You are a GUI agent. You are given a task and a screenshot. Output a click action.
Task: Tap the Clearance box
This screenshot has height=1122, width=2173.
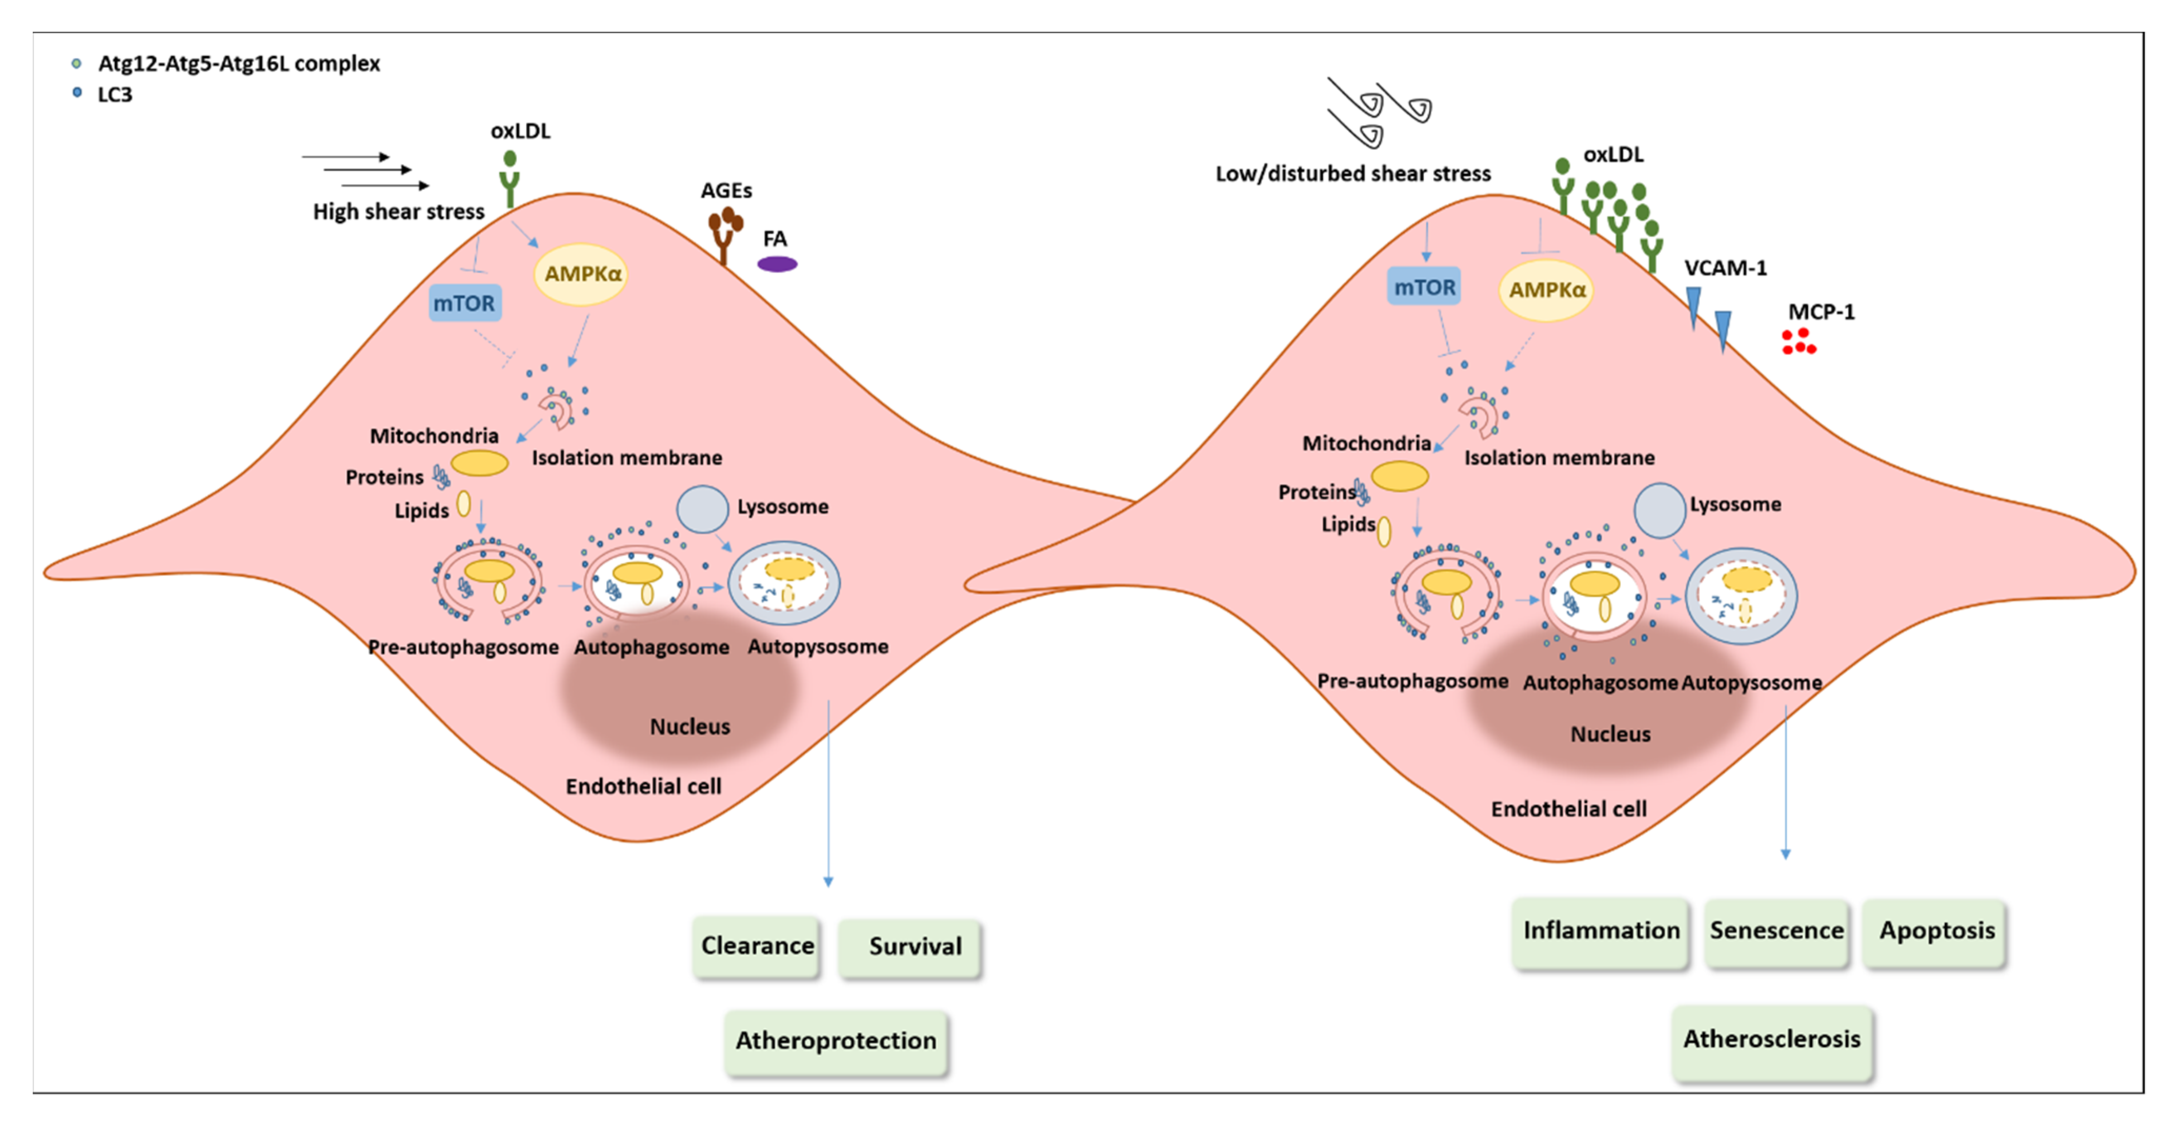coord(757,946)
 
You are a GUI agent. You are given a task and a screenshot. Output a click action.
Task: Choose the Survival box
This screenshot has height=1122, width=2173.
coord(911,946)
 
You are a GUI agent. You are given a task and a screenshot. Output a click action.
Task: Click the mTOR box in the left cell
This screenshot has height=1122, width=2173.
coord(465,304)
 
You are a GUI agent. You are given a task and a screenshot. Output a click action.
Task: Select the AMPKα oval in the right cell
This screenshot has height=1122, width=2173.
coord(1545,290)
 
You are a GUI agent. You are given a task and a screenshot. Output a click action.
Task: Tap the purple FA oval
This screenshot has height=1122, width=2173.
coord(777,264)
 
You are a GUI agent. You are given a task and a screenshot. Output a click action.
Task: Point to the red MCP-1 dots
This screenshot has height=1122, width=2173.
coord(1798,342)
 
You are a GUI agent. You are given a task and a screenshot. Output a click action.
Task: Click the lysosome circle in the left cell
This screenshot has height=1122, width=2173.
coord(702,509)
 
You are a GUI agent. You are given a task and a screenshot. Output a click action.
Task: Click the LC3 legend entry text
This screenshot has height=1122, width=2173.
coord(115,95)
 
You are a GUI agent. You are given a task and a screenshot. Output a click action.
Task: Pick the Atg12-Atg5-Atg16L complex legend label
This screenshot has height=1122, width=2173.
coord(239,63)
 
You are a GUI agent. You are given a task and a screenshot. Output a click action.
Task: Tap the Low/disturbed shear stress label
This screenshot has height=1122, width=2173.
coord(1352,174)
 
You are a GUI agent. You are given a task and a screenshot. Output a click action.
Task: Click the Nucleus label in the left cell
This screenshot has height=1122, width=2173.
coord(689,726)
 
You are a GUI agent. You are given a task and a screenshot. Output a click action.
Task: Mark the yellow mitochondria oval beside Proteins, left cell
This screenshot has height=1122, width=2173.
coord(479,463)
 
